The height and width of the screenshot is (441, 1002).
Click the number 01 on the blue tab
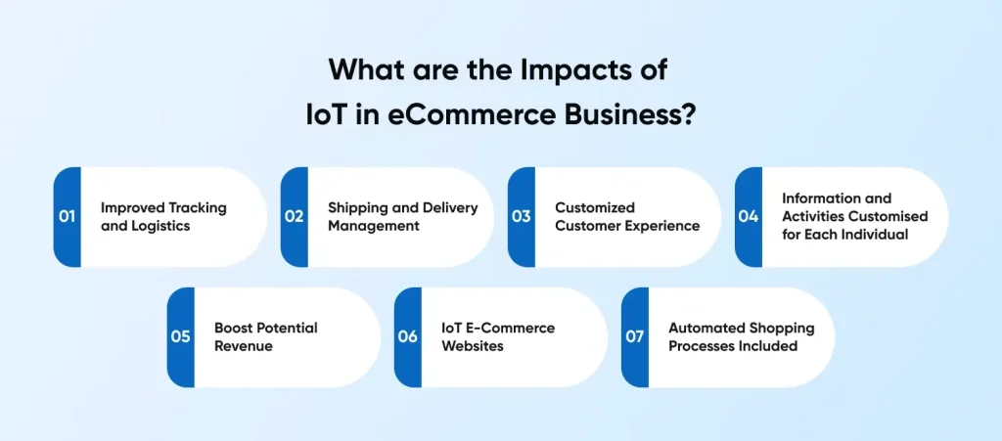click(x=68, y=216)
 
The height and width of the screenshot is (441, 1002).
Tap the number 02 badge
click(x=294, y=216)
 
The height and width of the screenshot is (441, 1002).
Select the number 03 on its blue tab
click(x=522, y=216)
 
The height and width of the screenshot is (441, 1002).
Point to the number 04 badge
click(x=749, y=216)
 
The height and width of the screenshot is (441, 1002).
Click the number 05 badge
click(x=181, y=336)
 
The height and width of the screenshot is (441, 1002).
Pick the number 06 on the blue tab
click(x=408, y=336)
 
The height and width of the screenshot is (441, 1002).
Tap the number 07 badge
click(x=634, y=336)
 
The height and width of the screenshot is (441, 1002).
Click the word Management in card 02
click(x=374, y=226)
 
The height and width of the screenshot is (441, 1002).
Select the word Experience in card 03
click(x=664, y=226)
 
